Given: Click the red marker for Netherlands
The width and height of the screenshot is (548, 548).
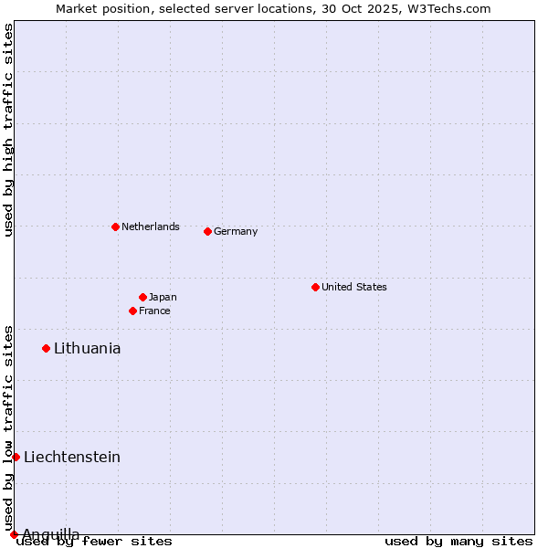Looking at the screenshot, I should (115, 227).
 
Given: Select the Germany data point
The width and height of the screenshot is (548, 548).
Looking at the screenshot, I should (207, 231).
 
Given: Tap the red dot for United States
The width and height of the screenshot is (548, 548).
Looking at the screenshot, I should (315, 287).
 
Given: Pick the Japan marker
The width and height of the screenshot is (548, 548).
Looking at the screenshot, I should (142, 297).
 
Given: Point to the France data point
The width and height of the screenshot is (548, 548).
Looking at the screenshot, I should (132, 311).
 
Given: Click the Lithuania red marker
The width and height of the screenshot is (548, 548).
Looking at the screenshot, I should (46, 348).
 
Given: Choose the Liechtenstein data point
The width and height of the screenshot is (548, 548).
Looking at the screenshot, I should (16, 457).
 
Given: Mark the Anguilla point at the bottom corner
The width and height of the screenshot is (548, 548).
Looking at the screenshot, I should (14, 534).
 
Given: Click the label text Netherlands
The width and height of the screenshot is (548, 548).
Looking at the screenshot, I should (151, 227).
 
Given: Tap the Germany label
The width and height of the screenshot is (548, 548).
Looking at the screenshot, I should (236, 231).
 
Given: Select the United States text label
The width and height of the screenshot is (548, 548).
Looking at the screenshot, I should (354, 287).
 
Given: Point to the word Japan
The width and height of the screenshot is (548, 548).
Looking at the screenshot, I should (163, 297).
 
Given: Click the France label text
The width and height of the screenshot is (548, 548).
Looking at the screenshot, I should (154, 311).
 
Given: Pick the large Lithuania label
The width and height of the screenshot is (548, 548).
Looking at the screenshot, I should (88, 348).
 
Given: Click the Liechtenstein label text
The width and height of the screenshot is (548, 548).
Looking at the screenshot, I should (72, 457).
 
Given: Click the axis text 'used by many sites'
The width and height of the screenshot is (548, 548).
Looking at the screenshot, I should (458, 541).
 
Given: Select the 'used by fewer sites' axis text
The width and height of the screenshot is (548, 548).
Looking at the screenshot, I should (94, 541).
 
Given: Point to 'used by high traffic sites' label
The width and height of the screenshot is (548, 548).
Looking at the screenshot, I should (8, 130).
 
